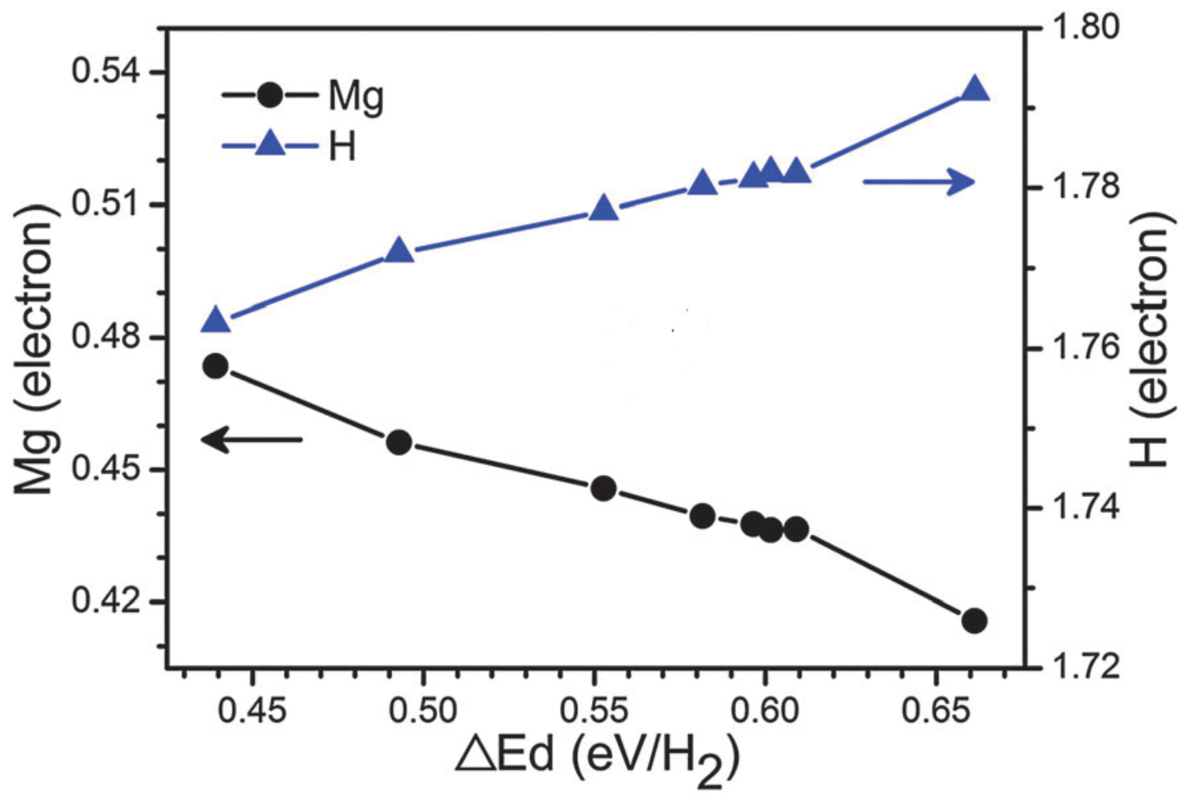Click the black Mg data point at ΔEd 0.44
pos(215,367)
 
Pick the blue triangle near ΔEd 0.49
pos(400,252)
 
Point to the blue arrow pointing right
pos(918,183)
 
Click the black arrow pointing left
pos(251,440)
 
